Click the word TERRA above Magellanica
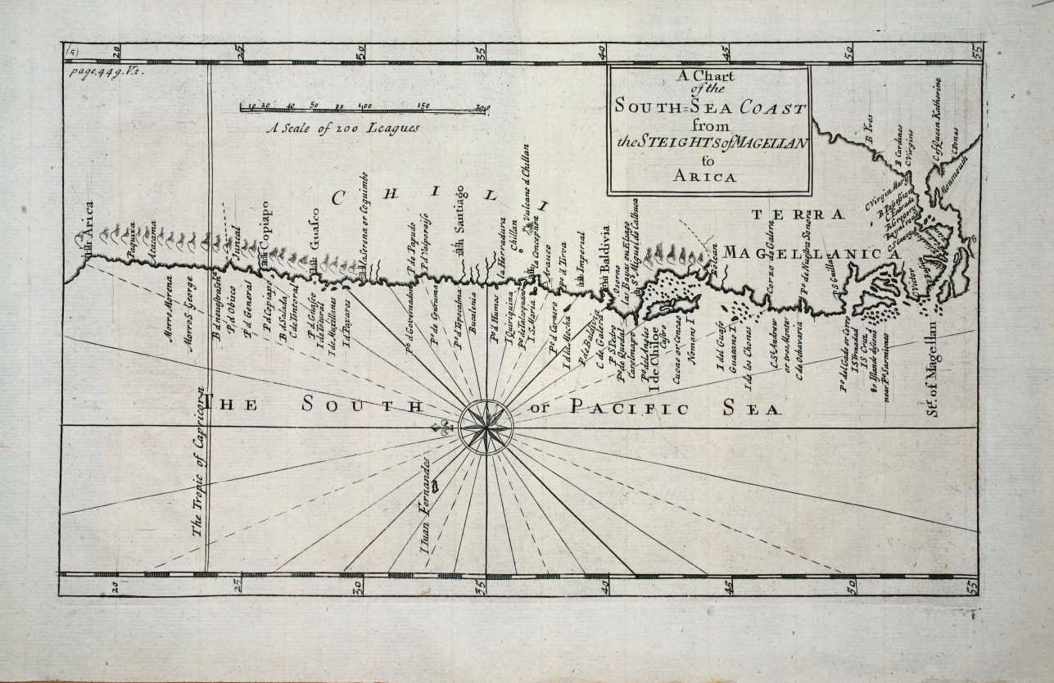pyautogui.click(x=797, y=215)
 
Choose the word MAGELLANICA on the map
pyautogui.click(x=811, y=254)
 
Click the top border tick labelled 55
pyautogui.click(x=975, y=51)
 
